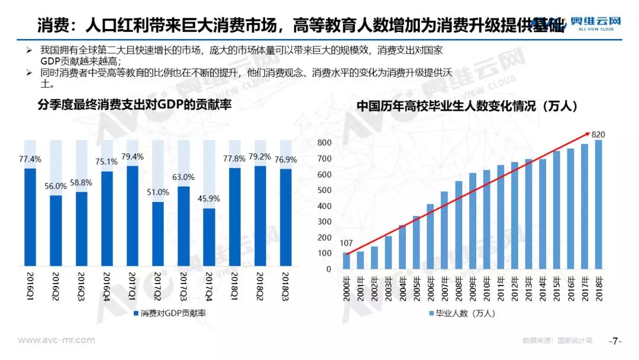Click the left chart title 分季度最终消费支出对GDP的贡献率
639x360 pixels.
click(134, 106)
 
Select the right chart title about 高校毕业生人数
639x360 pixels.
click(467, 107)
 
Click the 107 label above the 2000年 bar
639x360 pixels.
click(346, 243)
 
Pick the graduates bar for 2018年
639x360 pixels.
click(598, 204)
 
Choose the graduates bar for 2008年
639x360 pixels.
click(459, 225)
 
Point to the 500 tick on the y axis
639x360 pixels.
click(324, 191)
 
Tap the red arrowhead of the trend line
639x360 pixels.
click(587, 134)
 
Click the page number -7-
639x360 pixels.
click(615, 341)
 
